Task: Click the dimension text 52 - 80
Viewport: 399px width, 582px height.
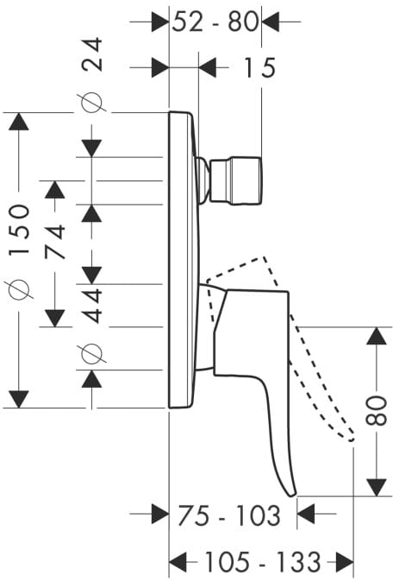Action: (x=215, y=22)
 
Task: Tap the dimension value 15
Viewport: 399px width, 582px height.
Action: (x=259, y=67)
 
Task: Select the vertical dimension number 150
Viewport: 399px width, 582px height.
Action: (x=19, y=230)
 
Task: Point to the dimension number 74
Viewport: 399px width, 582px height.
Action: (x=55, y=242)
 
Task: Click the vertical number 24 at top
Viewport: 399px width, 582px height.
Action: (x=91, y=54)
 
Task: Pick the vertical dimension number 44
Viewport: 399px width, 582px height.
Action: (x=91, y=306)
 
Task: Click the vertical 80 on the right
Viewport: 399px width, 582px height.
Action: (x=376, y=410)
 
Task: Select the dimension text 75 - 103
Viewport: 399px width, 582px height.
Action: (x=229, y=516)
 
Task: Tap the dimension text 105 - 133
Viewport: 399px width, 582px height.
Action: (x=262, y=561)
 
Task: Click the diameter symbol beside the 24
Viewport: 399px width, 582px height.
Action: (x=91, y=102)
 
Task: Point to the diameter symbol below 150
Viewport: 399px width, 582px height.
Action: (x=19, y=289)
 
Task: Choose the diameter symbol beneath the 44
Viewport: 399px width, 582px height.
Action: (x=91, y=353)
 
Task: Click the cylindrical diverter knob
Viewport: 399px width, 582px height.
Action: (x=236, y=180)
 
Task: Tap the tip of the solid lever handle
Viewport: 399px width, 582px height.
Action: (x=293, y=494)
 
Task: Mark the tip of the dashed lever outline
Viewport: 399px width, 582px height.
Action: (x=352, y=440)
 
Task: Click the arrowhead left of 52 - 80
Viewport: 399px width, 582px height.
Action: (x=160, y=22)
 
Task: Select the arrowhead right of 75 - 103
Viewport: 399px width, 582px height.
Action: (x=306, y=514)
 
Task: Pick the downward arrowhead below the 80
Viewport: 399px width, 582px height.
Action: (x=376, y=487)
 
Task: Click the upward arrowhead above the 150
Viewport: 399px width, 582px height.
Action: (x=18, y=121)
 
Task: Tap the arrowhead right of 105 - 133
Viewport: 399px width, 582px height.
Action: (x=345, y=561)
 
